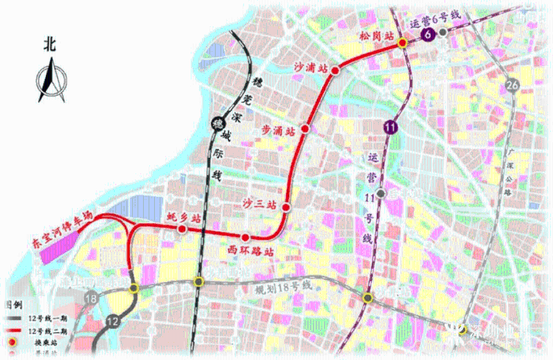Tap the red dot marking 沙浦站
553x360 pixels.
click(335, 70)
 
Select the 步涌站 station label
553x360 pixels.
click(278, 130)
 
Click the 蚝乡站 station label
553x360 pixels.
click(185, 217)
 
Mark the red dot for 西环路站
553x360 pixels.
click(245, 238)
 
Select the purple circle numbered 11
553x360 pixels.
click(391, 126)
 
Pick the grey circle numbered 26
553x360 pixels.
click(512, 85)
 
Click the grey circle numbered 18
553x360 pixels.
click(91, 299)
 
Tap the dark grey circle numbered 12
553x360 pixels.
click(113, 321)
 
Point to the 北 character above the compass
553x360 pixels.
click(48, 45)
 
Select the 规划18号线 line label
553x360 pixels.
click(283, 285)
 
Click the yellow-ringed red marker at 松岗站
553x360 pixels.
click(402, 44)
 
